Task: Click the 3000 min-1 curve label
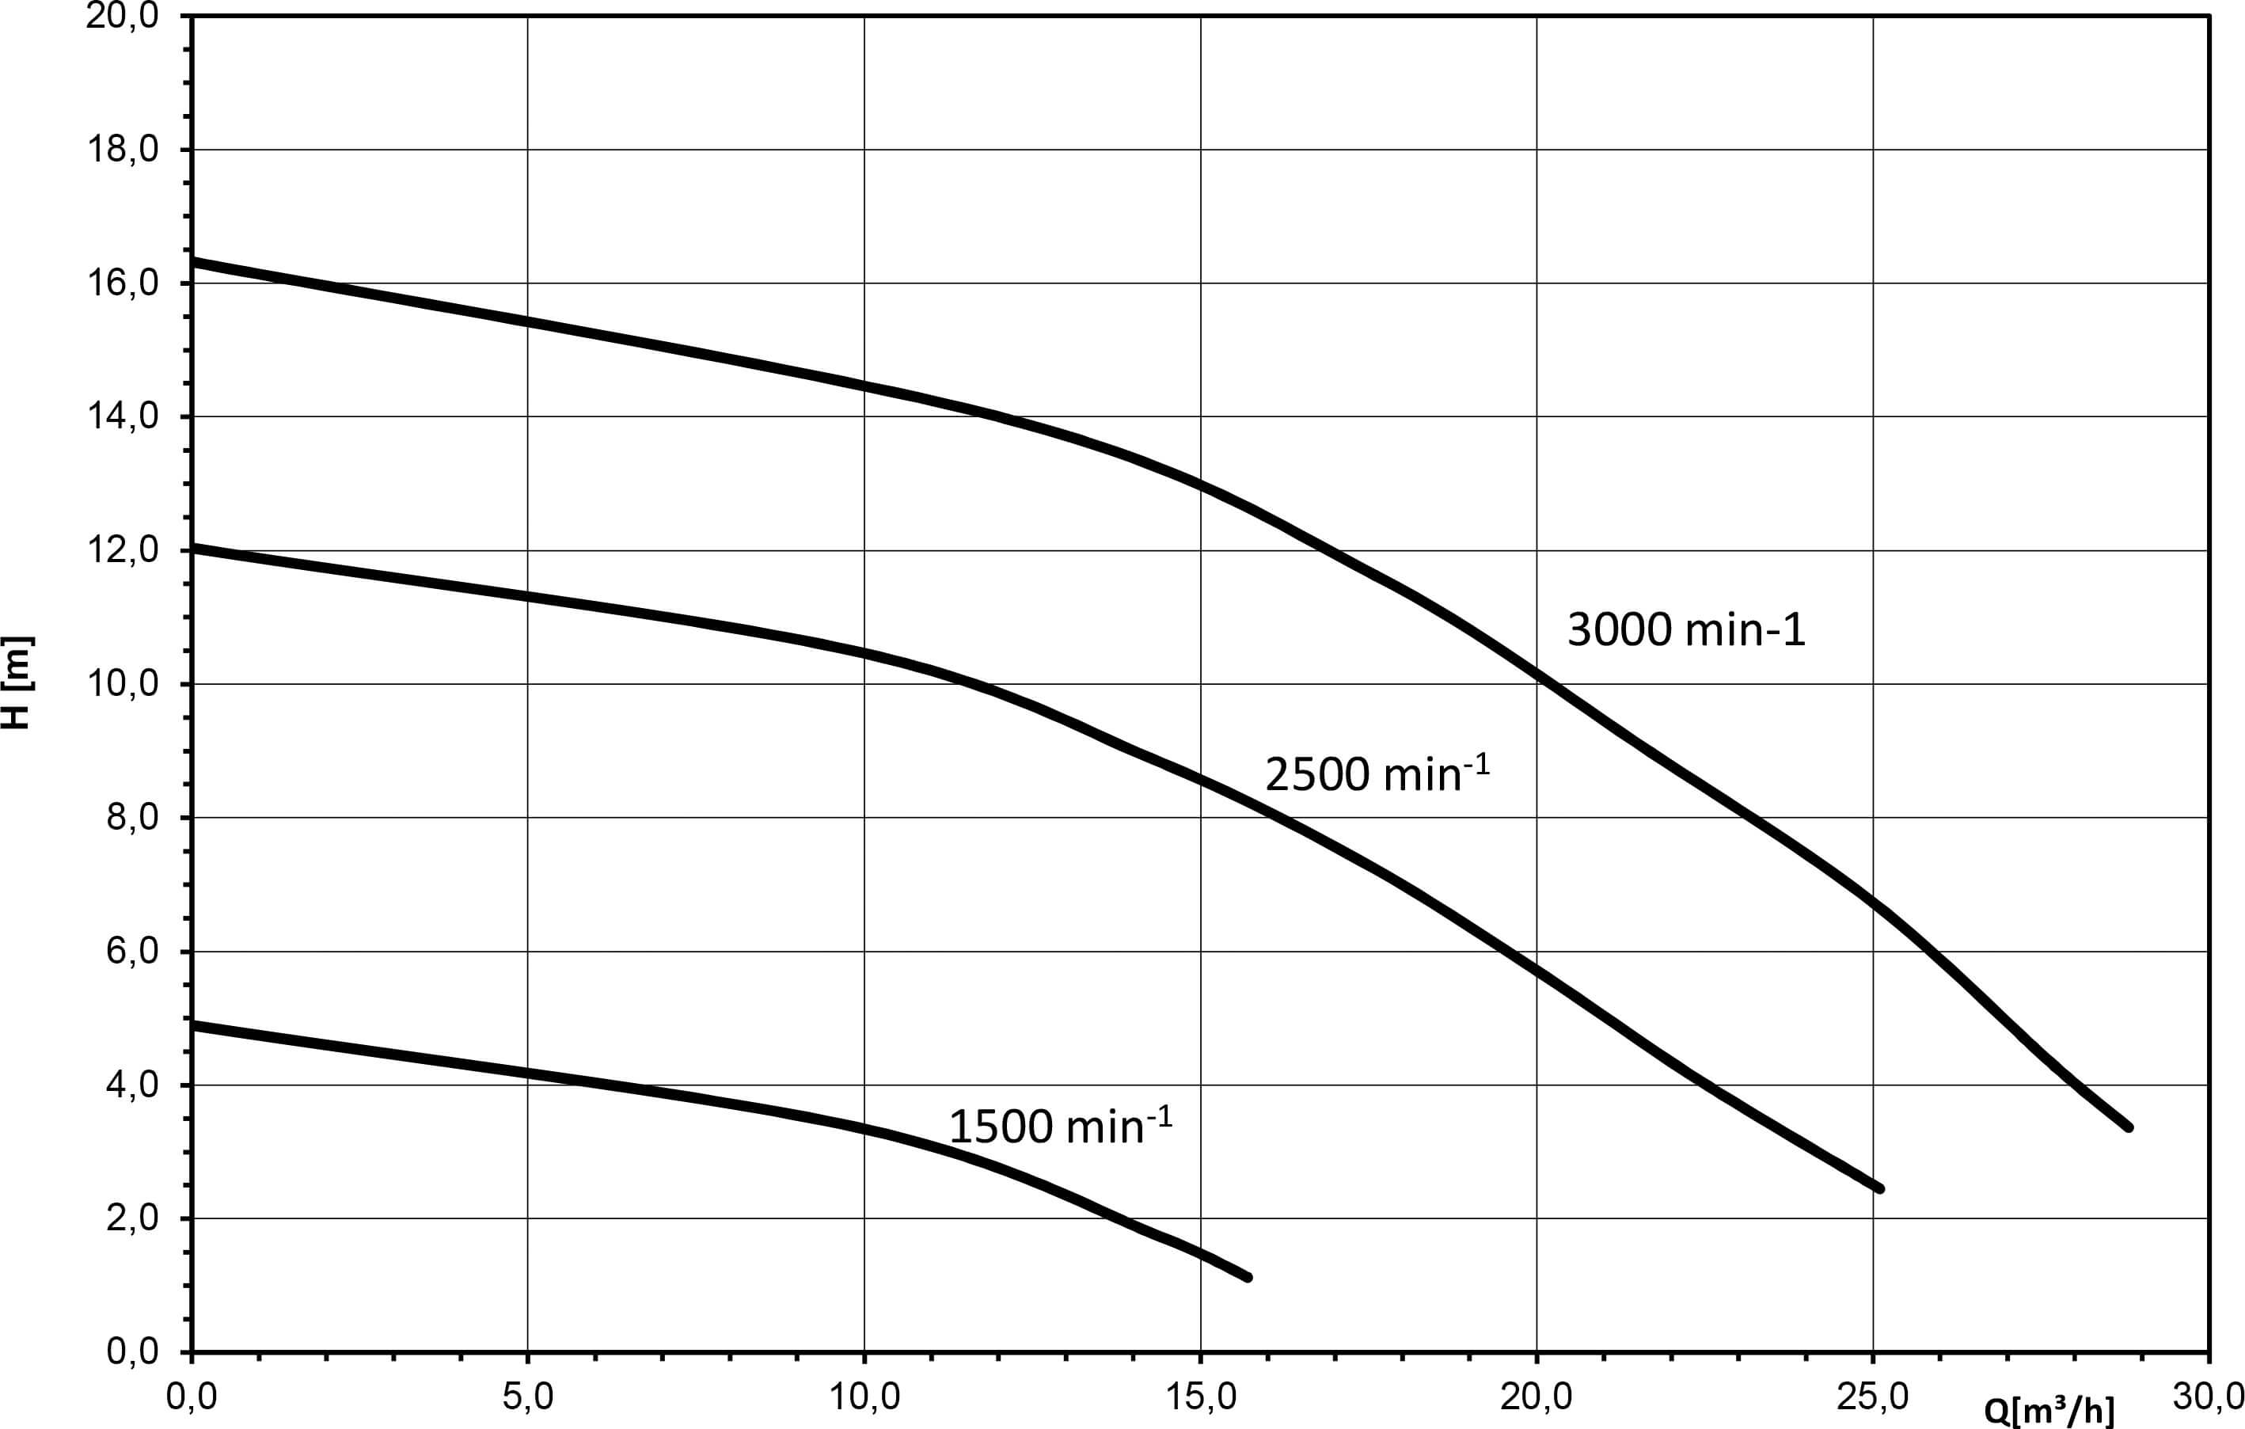pyautogui.click(x=1685, y=630)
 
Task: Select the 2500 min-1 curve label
pyautogui.click(x=1376, y=773)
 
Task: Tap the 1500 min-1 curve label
pyautogui.click(x=1060, y=1125)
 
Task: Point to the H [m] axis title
pyautogui.click(x=17, y=682)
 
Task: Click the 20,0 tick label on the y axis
pyautogui.click(x=122, y=16)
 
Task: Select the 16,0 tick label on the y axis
pyautogui.click(x=122, y=283)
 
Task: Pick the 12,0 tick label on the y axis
pyautogui.click(x=122, y=551)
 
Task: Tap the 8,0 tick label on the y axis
pyautogui.click(x=132, y=818)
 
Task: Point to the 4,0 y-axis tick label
pyautogui.click(x=132, y=1085)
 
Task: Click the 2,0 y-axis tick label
pyautogui.click(x=132, y=1218)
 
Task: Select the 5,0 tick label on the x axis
pyautogui.click(x=528, y=1396)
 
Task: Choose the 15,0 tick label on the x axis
pyautogui.click(x=1201, y=1396)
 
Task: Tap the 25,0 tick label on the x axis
pyautogui.click(x=1873, y=1396)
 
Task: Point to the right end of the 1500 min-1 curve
pyautogui.click(x=1248, y=1277)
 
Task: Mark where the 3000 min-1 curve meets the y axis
pyautogui.click(x=192, y=261)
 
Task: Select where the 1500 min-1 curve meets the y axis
pyautogui.click(x=192, y=1024)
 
